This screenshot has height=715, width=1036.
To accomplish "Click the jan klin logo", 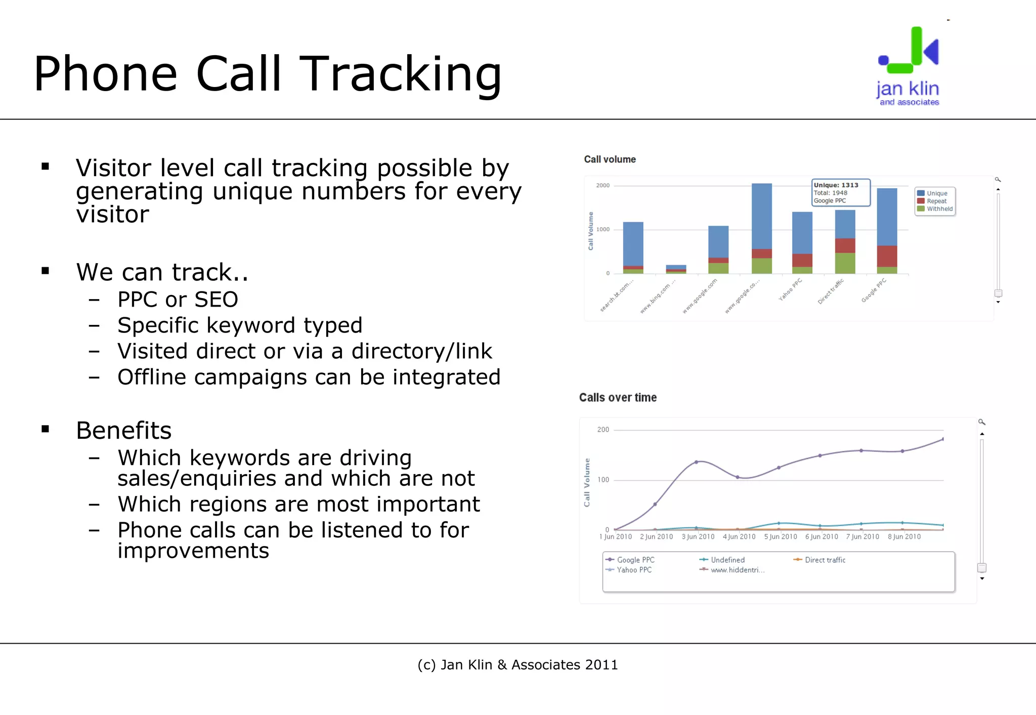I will [909, 66].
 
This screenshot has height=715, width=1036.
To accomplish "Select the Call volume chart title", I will [610, 159].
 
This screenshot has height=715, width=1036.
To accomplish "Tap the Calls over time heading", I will [618, 398].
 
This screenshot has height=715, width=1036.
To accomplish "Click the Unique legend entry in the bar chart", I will [936, 193].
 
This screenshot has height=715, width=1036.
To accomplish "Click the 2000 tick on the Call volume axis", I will [602, 186].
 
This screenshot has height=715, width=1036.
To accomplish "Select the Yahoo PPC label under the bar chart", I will [790, 289].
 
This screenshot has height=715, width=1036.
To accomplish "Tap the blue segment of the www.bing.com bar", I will [676, 267].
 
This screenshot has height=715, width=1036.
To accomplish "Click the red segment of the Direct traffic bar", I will [845, 245].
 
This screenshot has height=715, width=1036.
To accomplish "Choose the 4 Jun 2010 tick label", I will [739, 537].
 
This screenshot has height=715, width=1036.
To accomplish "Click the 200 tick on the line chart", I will [603, 430].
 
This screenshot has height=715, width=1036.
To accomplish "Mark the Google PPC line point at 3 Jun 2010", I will [697, 462].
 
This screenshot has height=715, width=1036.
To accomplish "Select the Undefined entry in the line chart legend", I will [727, 560].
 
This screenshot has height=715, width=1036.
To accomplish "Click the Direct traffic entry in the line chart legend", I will [825, 560].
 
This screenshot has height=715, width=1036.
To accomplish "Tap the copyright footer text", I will [517, 665].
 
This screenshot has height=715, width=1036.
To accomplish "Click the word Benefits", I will [124, 431].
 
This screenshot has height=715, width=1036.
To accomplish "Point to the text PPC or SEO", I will [178, 300].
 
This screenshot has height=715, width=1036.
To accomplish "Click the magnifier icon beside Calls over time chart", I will [981, 422].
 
